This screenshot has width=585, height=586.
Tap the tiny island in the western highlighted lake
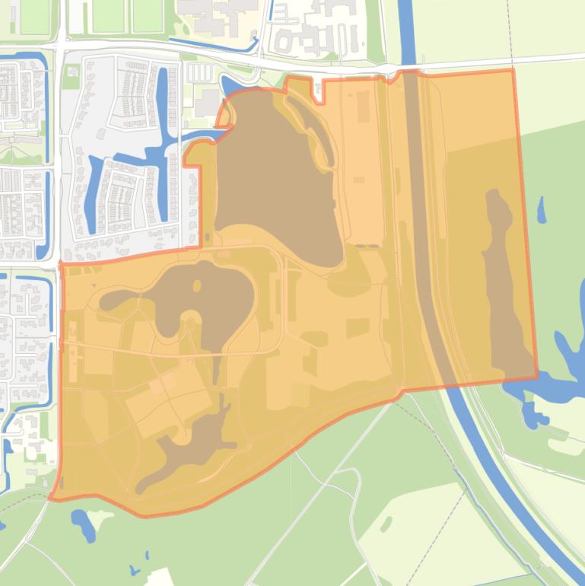coord(197,286)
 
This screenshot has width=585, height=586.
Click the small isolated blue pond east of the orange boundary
coord(541,209)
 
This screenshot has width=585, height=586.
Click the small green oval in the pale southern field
coord(386,524)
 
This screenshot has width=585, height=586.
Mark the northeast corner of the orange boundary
coord(513,69)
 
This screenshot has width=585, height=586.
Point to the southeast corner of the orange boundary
coord(537,376)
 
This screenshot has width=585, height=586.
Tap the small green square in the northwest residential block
coord(72,72)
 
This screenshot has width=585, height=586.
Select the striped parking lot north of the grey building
coord(196,72)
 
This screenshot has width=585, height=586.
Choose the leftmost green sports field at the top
coord(33,17)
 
